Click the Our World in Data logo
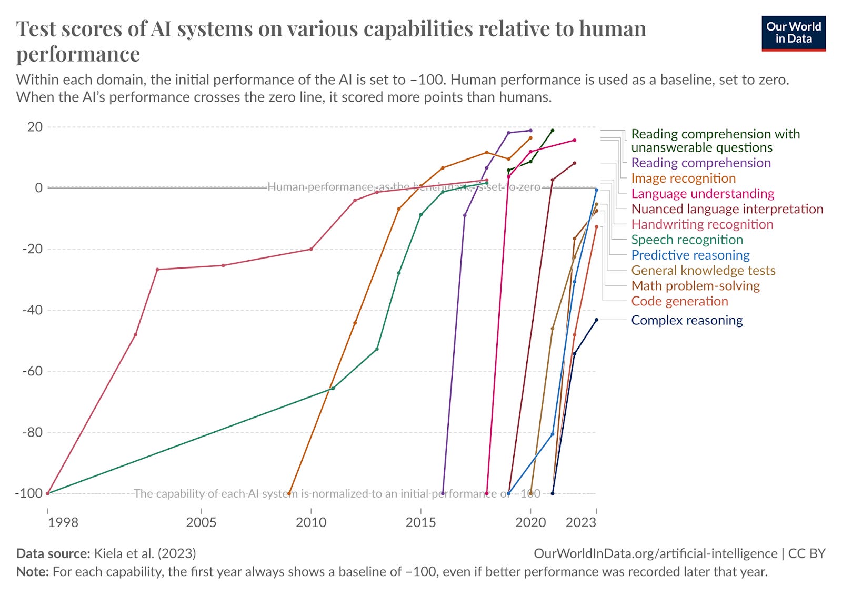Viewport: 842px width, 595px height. (793, 33)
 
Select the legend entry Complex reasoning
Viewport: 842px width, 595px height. (686, 320)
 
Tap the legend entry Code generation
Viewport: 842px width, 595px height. (679, 301)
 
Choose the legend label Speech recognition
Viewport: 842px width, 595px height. (687, 240)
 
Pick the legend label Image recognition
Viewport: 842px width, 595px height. (683, 178)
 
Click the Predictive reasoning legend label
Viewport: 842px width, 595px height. (690, 255)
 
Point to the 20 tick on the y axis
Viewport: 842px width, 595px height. (35, 127)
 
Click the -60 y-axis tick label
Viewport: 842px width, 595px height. (32, 371)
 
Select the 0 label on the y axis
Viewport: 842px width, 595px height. (38, 188)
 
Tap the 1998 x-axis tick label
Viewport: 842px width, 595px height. (63, 522)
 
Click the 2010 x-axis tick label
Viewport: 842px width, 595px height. (311, 522)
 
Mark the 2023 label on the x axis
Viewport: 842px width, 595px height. (580, 522)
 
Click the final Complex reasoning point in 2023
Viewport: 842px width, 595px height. (596, 320)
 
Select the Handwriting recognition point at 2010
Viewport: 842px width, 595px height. (311, 249)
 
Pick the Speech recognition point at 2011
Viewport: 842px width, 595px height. (333, 388)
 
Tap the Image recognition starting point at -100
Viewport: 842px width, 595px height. (289, 493)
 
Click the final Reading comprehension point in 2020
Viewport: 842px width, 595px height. (530, 131)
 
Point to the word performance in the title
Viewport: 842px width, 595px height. (78, 54)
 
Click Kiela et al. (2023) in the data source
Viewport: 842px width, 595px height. (145, 553)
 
